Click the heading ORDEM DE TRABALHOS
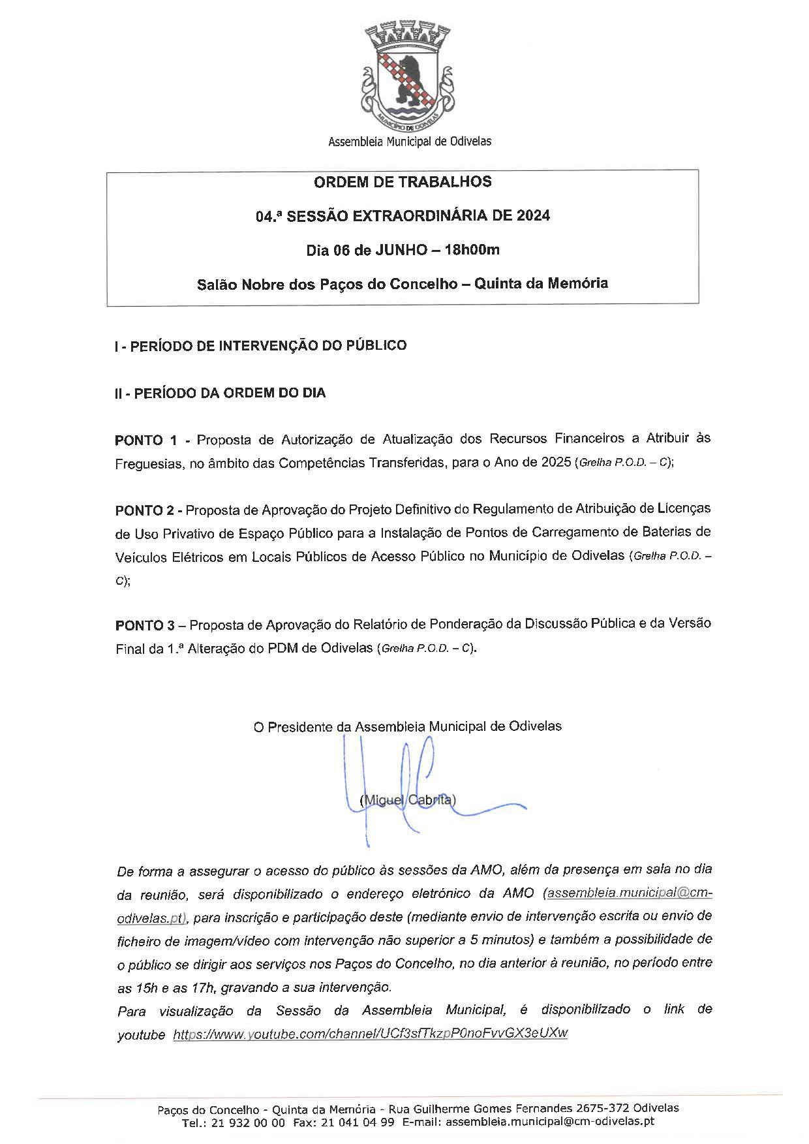(x=403, y=182)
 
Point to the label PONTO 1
(x=145, y=440)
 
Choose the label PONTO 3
(x=145, y=625)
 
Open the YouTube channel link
(x=370, y=1034)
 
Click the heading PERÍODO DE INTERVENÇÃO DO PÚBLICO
(x=268, y=346)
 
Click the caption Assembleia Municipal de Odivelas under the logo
(x=410, y=141)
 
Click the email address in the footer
(x=548, y=1122)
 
